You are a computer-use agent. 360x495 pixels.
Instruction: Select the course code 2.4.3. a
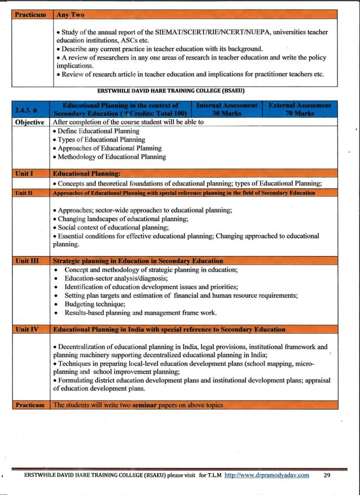point(30,109)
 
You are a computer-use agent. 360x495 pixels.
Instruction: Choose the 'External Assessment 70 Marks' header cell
point(299,109)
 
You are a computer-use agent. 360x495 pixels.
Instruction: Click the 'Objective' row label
point(30,122)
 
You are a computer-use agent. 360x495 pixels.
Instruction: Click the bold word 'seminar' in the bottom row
point(148,405)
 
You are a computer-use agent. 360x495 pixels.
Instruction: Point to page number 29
point(327,475)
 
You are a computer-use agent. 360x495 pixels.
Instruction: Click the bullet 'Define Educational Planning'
point(100,131)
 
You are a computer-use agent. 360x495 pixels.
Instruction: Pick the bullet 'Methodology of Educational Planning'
point(112,157)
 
